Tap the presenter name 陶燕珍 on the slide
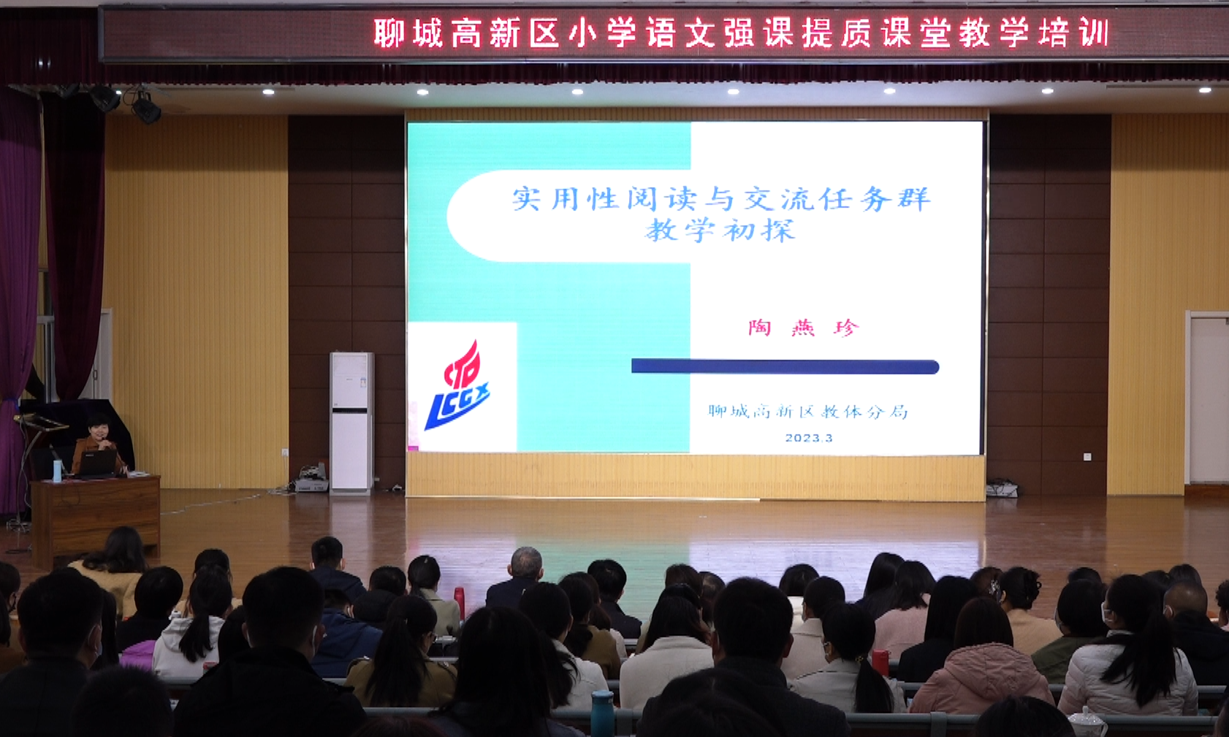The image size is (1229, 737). pyautogui.click(x=803, y=328)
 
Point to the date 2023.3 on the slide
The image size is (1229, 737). pyautogui.click(x=809, y=438)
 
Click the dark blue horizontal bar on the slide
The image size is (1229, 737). pyautogui.click(x=785, y=366)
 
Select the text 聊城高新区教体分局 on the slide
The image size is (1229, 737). pyautogui.click(x=807, y=411)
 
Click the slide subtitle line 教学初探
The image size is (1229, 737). pyautogui.click(x=720, y=230)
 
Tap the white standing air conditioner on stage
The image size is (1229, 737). pyautogui.click(x=351, y=422)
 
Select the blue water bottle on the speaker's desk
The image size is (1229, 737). pyautogui.click(x=57, y=470)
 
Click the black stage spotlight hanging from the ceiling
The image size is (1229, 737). pyautogui.click(x=146, y=108)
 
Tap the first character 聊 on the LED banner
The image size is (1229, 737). pyautogui.click(x=389, y=32)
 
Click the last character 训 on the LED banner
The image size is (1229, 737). pyautogui.click(x=1095, y=32)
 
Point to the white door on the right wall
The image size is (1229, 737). pyautogui.click(x=1208, y=400)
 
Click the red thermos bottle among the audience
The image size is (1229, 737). pyautogui.click(x=459, y=603)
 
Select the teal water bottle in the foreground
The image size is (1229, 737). pyautogui.click(x=602, y=714)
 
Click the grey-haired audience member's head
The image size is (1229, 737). pyautogui.click(x=526, y=564)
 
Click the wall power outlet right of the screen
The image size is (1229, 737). pyautogui.click(x=1087, y=457)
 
